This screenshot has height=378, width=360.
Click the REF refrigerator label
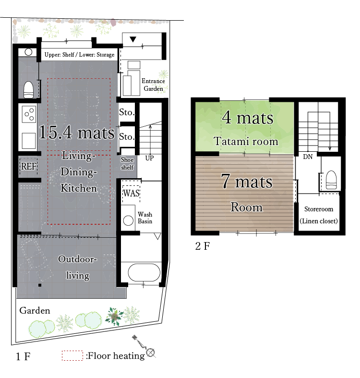(x=29, y=166)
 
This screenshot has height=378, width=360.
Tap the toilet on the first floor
(x=28, y=90)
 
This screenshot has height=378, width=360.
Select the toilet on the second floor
(x=331, y=180)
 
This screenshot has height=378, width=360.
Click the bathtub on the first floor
(x=144, y=272)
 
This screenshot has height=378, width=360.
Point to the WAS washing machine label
(x=132, y=194)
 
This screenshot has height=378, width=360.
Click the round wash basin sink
(x=128, y=220)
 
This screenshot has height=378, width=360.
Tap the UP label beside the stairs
(x=149, y=158)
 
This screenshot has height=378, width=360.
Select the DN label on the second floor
(x=308, y=157)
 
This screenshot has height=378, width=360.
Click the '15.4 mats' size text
(x=77, y=133)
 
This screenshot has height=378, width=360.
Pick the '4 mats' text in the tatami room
(x=248, y=118)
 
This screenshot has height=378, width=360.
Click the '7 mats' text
(x=247, y=181)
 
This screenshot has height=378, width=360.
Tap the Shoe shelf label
(x=127, y=163)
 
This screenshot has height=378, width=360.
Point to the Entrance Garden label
(x=153, y=85)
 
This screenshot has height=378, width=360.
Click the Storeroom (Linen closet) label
(x=319, y=215)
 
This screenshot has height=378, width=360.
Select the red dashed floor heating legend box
(x=72, y=355)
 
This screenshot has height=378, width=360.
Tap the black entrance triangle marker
(x=133, y=39)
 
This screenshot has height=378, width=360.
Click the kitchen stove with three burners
(x=29, y=114)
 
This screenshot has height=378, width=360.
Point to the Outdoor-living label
(x=78, y=267)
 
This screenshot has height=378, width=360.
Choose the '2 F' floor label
(x=203, y=246)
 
